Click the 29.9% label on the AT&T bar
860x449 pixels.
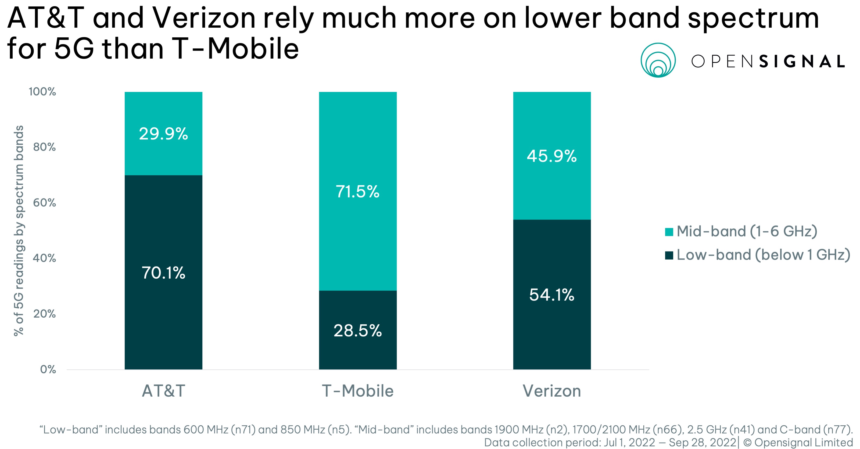163,134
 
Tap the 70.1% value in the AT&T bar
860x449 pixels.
163,273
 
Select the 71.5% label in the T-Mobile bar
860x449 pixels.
357,192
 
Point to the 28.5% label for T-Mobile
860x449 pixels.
357,331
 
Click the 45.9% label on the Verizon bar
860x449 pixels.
552,156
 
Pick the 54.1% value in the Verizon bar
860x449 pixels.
552,295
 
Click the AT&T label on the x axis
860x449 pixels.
163,391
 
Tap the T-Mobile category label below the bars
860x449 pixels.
357,391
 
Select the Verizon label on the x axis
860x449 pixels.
552,391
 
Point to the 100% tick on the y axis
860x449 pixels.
42,91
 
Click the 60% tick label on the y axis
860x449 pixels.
44,203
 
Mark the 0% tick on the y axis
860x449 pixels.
48,369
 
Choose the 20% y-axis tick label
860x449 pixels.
44,314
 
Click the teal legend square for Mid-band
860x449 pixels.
669,232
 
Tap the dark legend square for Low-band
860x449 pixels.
669,255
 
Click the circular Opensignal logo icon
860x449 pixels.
658,60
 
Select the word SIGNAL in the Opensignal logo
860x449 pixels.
802,62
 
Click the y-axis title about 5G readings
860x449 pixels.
19,230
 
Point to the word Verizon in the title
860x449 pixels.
204,18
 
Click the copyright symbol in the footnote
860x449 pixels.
747,443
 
